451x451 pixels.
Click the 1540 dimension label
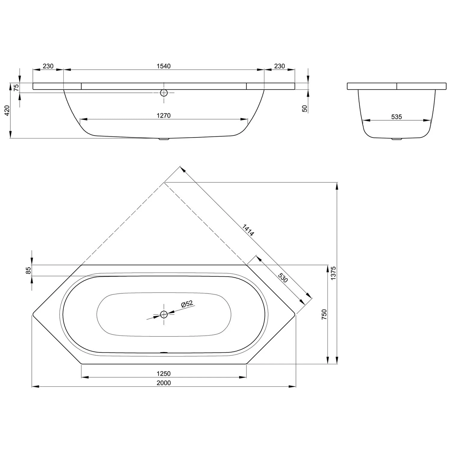pos(164,66)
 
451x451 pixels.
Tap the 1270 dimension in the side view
pos(164,115)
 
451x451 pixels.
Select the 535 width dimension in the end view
pos(397,117)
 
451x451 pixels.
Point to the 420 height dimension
pos(7,111)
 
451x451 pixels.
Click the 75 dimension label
pos(17,87)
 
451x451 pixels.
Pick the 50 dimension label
pos(305,109)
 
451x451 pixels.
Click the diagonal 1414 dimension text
pos(248,230)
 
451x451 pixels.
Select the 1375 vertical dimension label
pos(333,273)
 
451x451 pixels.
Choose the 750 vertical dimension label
pos(324,314)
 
